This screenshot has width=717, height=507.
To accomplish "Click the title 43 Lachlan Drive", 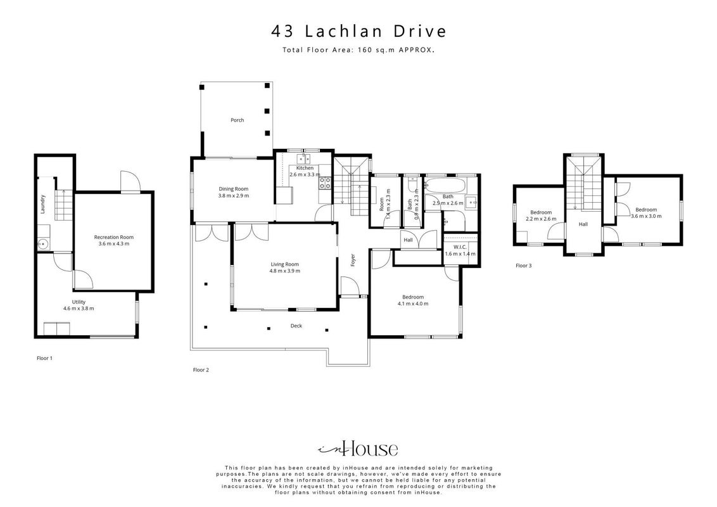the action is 358,31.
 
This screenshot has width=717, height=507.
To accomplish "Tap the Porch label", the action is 238,120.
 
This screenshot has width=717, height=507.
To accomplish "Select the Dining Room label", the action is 233,189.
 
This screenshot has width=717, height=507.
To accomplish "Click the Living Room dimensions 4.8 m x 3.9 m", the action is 284,271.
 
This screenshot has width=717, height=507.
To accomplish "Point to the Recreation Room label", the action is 114,237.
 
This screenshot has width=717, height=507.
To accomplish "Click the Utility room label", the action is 79,302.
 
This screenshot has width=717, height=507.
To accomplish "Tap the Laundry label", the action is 43,204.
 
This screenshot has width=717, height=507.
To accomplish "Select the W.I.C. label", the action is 460,247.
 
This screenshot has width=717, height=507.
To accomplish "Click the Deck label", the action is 296,326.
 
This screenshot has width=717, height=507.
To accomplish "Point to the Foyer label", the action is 353,260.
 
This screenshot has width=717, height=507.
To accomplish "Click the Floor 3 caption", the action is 524,266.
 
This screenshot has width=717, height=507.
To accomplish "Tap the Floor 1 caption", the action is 44,358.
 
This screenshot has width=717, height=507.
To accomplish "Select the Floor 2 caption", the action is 201,369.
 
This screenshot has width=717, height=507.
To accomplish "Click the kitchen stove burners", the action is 326,183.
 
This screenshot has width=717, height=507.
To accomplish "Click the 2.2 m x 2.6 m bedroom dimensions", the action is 541,219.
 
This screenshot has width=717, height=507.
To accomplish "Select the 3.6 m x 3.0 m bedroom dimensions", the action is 646,216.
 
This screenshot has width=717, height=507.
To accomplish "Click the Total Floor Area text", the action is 358,50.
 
